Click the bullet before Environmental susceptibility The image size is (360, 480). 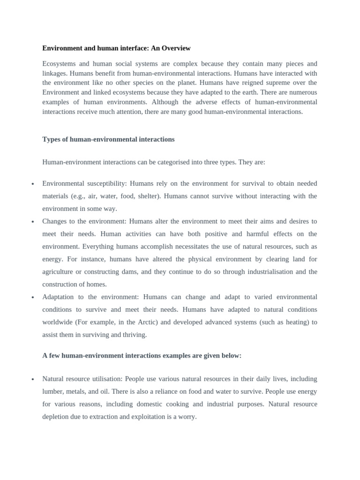(x=33, y=184)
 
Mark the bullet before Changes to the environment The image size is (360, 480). (x=33, y=222)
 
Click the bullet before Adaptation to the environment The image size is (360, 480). (x=33, y=297)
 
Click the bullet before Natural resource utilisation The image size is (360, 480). (x=33, y=379)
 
